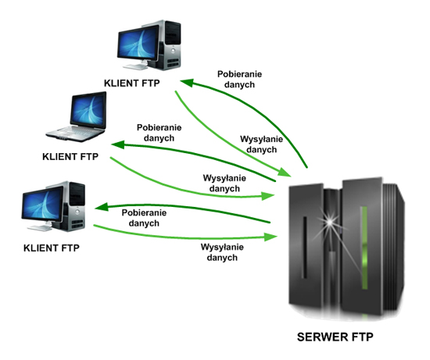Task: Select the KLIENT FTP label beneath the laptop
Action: click(70, 156)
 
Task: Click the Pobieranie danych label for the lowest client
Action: click(145, 217)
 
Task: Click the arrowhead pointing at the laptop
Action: click(116, 145)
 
